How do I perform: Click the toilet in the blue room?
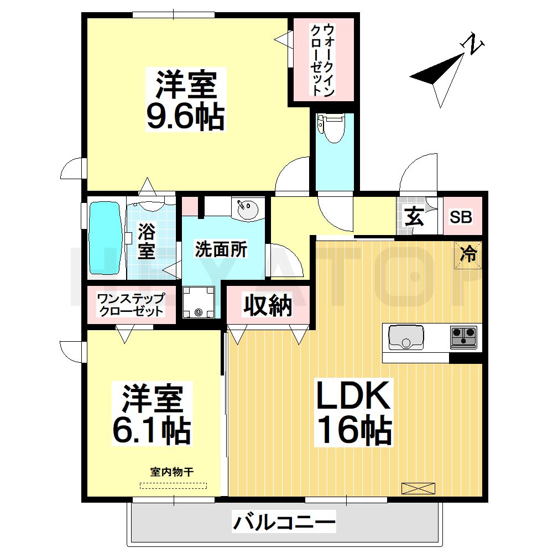point(334,129)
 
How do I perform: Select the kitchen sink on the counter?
point(406,337)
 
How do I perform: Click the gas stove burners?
point(463,336)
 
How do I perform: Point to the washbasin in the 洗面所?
point(247,210)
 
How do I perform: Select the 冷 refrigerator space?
point(468,254)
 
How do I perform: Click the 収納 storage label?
point(268,305)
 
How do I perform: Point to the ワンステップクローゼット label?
point(130,305)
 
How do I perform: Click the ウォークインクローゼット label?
point(322,60)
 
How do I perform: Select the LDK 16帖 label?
point(354,413)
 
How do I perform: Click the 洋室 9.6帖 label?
point(185,100)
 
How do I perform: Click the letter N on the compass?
point(474,44)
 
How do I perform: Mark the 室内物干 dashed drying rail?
point(173,486)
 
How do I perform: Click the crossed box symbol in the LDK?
point(418,488)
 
